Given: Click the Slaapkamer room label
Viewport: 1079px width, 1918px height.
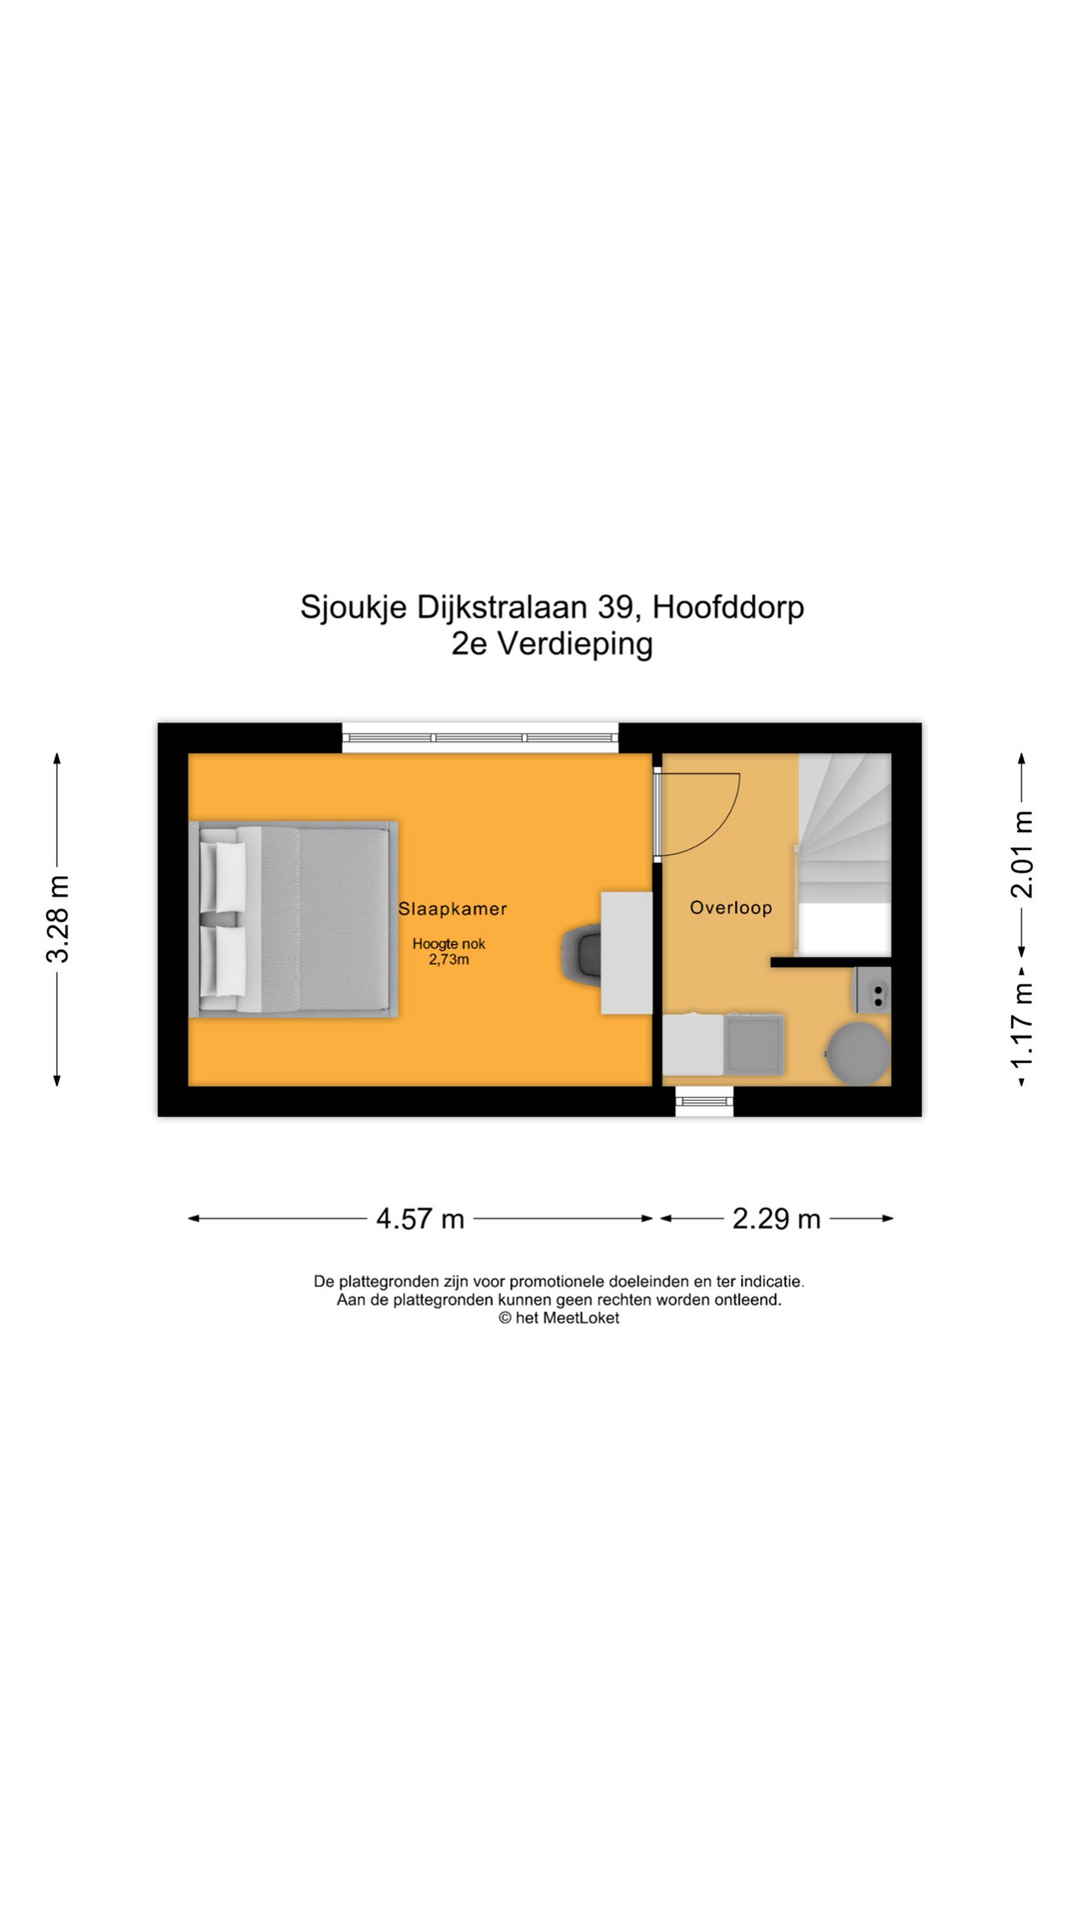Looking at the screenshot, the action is coord(453,909).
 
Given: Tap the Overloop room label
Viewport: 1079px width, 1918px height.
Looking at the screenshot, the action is coord(731,908).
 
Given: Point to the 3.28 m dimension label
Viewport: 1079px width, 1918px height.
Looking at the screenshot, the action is coord(58,919).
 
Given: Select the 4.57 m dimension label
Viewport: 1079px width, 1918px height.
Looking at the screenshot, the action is coord(421,1219).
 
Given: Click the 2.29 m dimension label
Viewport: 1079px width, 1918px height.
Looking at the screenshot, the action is coord(776,1219).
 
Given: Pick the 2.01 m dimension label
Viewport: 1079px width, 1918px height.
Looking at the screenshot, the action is coord(1021,854).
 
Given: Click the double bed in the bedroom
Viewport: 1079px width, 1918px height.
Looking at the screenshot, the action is coord(294,919).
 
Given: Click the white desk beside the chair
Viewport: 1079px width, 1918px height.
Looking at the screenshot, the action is coord(626,953).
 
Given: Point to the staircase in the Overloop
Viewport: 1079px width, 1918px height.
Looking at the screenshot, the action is coord(844,854).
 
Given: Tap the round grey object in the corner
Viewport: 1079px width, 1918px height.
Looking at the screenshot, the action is coord(857,1053).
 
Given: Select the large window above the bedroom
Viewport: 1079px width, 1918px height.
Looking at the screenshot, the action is coord(481,738).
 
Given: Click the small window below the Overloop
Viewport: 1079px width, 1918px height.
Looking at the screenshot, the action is coord(704,1102).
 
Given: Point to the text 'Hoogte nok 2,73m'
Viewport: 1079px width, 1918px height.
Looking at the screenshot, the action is coord(449,952).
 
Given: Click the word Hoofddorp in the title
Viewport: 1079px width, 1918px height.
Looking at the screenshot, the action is coord(728,607).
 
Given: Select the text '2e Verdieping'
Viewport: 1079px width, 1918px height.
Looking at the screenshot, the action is coord(551,644).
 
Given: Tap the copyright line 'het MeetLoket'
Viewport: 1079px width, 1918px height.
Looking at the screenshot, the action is coord(559,1319).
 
